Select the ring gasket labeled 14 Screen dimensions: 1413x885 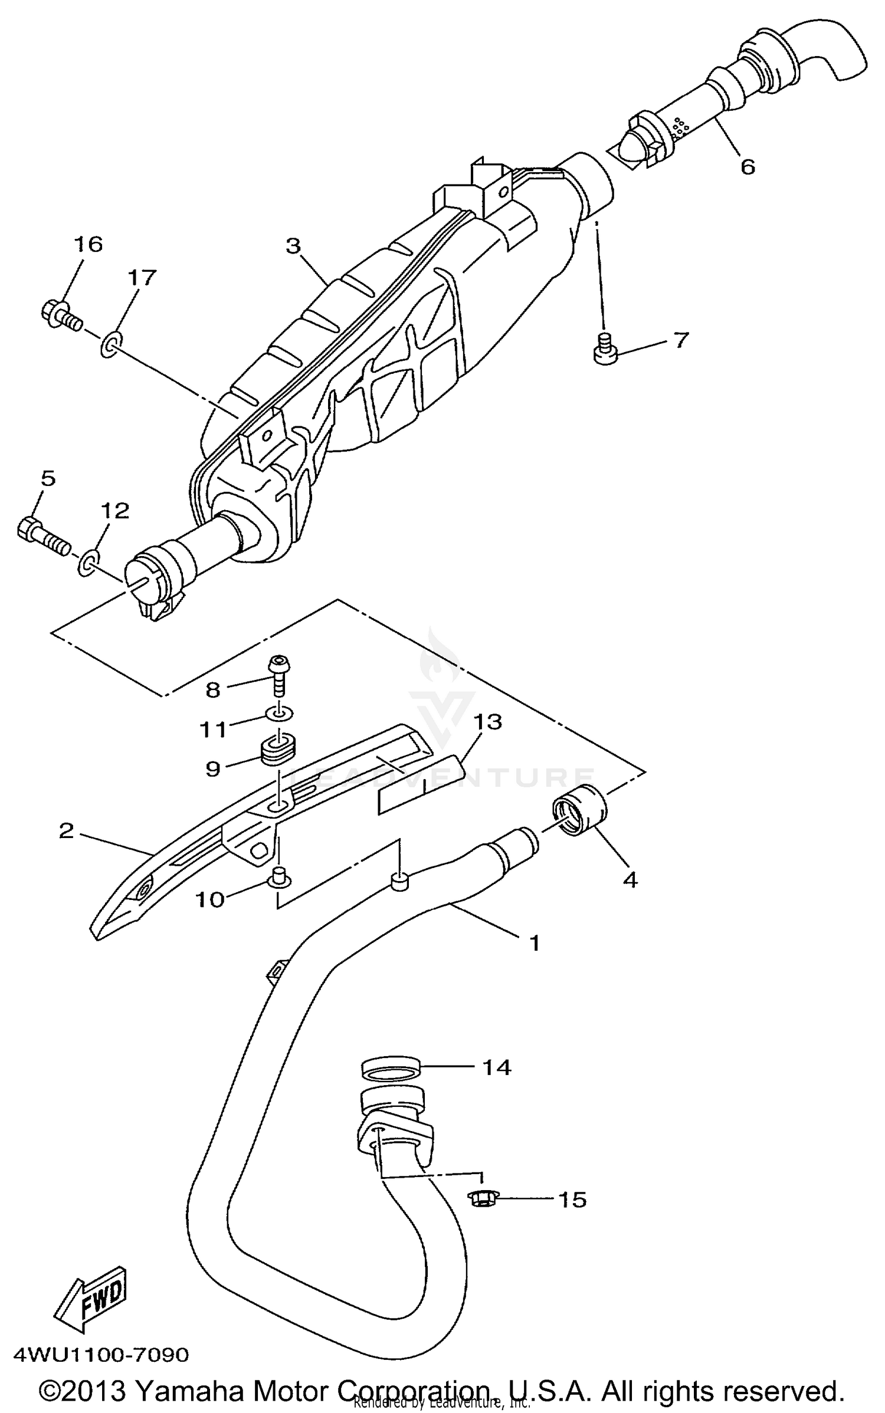coord(391,1067)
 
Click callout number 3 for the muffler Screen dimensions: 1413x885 coord(293,246)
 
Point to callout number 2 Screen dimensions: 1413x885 coord(66,830)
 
